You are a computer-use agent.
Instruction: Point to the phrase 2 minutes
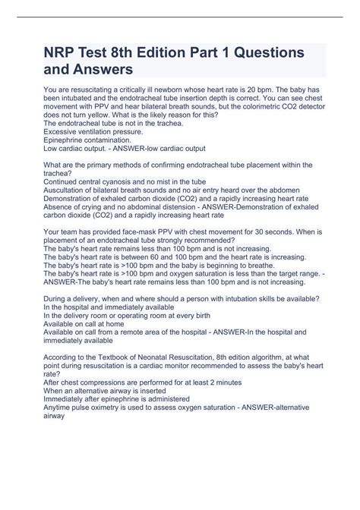coord(222,383)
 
